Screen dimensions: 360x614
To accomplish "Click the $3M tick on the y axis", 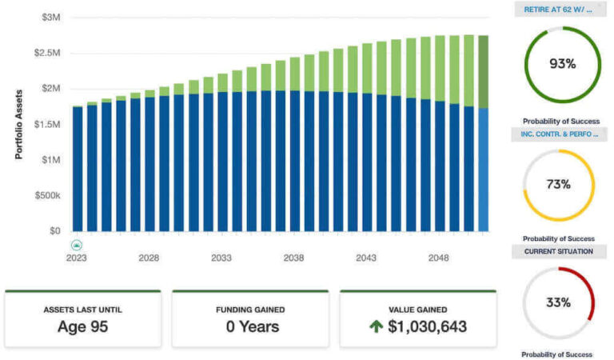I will pos(50,16).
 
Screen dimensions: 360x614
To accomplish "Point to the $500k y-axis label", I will pos(46,195).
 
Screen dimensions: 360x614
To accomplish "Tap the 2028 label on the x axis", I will pos(149,258).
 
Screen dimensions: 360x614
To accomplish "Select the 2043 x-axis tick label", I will pos(366,258).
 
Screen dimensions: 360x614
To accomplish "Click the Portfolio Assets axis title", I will pos(19,124).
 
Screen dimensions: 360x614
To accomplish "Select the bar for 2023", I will pos(78,168).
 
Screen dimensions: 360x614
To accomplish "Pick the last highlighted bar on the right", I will pos(483,132).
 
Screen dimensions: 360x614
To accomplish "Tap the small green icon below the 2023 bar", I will pos(77,245).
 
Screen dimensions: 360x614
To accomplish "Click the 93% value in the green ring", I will pos(560,63).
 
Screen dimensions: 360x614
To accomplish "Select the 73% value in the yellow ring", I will pos(559,184).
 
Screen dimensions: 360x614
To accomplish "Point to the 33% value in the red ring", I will pos(559,302).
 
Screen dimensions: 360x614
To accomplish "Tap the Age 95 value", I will pos(83,326).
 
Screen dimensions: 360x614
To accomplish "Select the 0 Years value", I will pos(250,326).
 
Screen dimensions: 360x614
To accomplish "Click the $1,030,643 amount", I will pos(428,326).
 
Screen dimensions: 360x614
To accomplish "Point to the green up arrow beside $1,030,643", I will pos(376,326).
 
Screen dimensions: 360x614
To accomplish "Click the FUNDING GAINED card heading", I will pos(250,309).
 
